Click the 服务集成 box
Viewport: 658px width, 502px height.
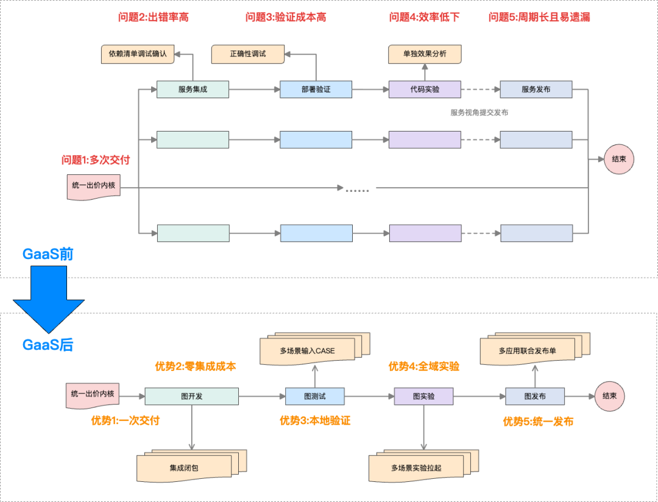[193, 90]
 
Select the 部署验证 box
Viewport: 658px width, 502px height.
[316, 90]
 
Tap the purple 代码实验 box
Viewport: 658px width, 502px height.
[425, 90]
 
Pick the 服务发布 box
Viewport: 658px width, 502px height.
[536, 90]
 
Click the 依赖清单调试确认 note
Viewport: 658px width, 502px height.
[138, 54]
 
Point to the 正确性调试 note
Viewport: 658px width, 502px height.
[247, 54]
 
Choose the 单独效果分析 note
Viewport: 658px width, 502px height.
[425, 54]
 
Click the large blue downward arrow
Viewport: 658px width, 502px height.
[49, 299]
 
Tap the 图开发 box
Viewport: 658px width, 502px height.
[192, 397]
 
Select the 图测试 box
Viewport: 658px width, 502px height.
[315, 397]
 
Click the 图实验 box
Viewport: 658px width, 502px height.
[423, 397]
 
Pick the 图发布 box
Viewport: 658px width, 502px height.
[535, 397]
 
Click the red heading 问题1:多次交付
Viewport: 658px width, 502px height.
[96, 160]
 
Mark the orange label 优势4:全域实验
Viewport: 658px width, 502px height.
[424, 367]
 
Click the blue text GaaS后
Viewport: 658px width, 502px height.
[48, 345]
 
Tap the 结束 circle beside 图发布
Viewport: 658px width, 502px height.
[610, 397]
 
